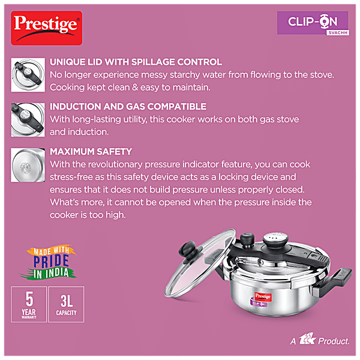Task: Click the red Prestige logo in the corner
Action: (47, 28)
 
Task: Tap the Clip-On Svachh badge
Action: (313, 23)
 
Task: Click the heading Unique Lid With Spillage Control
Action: (136, 62)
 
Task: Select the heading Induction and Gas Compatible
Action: (128, 107)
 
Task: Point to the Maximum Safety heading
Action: (91, 152)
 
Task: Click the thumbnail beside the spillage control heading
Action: (28, 75)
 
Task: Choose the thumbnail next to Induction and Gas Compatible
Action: (28, 120)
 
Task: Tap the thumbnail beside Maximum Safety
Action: (28, 165)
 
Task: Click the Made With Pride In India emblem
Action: (51, 262)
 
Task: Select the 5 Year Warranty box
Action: (29, 304)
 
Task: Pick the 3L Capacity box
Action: (66, 304)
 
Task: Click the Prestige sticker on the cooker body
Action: (263, 296)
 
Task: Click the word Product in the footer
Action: (334, 341)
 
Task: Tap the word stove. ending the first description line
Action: (322, 74)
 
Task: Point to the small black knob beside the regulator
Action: (247, 240)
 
